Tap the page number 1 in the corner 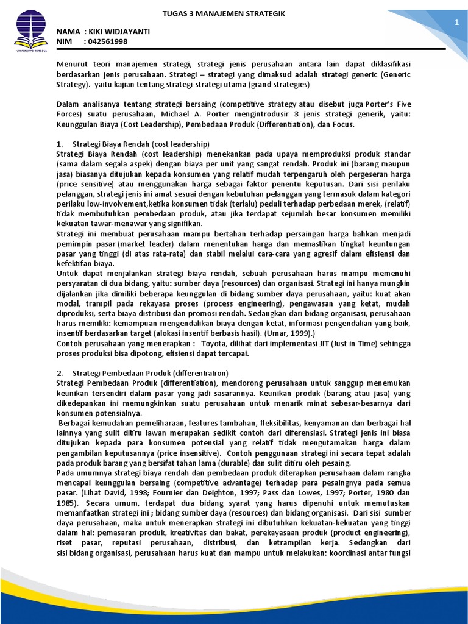pyautogui.click(x=455, y=23)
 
